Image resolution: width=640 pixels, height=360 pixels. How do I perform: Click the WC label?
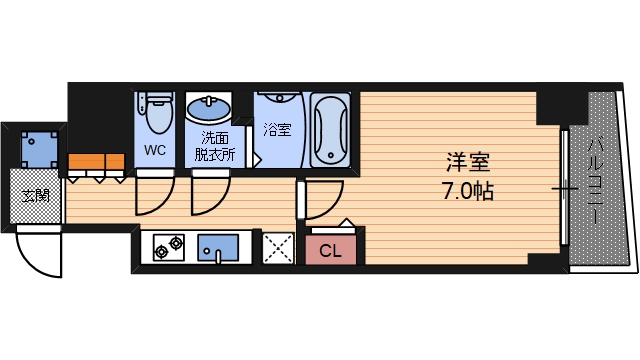[156, 151]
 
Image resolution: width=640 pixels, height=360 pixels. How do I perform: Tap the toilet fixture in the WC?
[156, 114]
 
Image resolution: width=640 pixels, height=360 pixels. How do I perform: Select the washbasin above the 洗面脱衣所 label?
[209, 107]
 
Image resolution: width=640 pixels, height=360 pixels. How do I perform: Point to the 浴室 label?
[277, 129]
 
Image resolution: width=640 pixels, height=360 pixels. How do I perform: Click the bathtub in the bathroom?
[330, 131]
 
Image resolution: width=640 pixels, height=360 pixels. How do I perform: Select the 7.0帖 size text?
[468, 189]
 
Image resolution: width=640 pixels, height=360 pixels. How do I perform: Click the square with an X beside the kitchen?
[276, 248]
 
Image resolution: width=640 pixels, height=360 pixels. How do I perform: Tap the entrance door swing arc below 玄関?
[40, 255]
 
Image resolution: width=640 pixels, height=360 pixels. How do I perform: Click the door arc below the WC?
[152, 194]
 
